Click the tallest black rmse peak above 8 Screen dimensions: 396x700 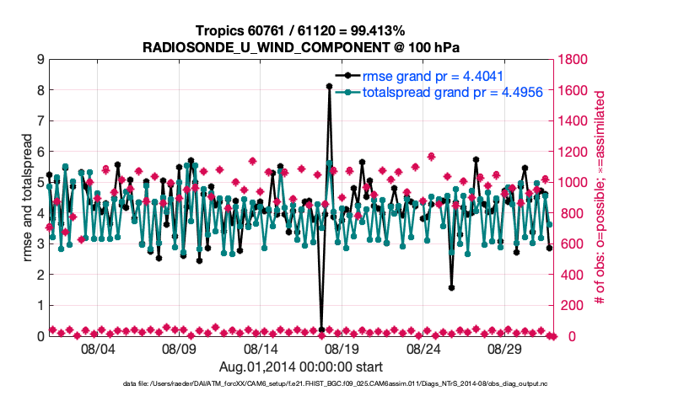(329, 86)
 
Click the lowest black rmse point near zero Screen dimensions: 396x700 (321, 329)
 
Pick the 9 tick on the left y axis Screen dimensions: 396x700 (40, 60)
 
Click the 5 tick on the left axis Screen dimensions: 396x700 (40, 183)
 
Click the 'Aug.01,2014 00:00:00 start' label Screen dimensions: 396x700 (301, 367)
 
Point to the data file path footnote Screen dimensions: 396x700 (349, 384)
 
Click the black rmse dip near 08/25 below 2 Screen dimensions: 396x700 (452, 288)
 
